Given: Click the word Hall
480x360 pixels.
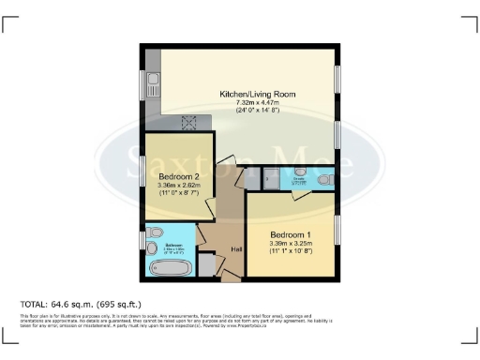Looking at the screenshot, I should (236, 249).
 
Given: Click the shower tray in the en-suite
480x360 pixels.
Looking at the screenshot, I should (272, 178).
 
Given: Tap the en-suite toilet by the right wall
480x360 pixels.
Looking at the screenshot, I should (324, 180).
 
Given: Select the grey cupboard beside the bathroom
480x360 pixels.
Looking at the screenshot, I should (206, 266).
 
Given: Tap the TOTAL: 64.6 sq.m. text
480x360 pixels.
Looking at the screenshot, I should (81, 304).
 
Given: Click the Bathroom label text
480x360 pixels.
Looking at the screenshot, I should (174, 247).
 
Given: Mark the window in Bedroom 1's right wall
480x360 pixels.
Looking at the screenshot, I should (337, 232).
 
